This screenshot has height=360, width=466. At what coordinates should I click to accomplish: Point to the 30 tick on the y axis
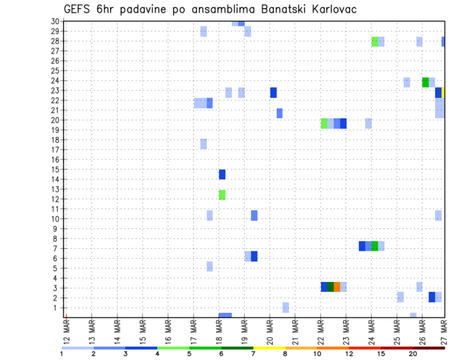coord(55,21)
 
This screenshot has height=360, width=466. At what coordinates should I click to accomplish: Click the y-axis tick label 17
coord(55,149)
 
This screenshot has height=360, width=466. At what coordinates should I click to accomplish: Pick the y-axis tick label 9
coord(57,229)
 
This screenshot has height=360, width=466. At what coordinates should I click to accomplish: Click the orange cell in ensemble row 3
coord(337,287)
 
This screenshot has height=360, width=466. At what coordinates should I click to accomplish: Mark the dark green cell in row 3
coord(331,287)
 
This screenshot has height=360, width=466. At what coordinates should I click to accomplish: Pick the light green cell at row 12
coord(222,195)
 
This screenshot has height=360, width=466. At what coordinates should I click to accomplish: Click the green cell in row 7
coord(375,246)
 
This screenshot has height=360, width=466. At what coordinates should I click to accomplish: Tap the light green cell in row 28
coord(375,41)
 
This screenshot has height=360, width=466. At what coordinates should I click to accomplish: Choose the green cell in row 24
coord(426,82)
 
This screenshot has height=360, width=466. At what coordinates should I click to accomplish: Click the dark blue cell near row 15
coord(222,174)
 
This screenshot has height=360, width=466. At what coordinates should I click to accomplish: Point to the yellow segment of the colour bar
coord(269,348)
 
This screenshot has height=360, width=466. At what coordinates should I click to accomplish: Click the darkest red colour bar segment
coord(429,348)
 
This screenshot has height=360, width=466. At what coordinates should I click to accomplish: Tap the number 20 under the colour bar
coord(413,354)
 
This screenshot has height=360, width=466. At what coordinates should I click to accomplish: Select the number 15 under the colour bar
coord(381,354)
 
